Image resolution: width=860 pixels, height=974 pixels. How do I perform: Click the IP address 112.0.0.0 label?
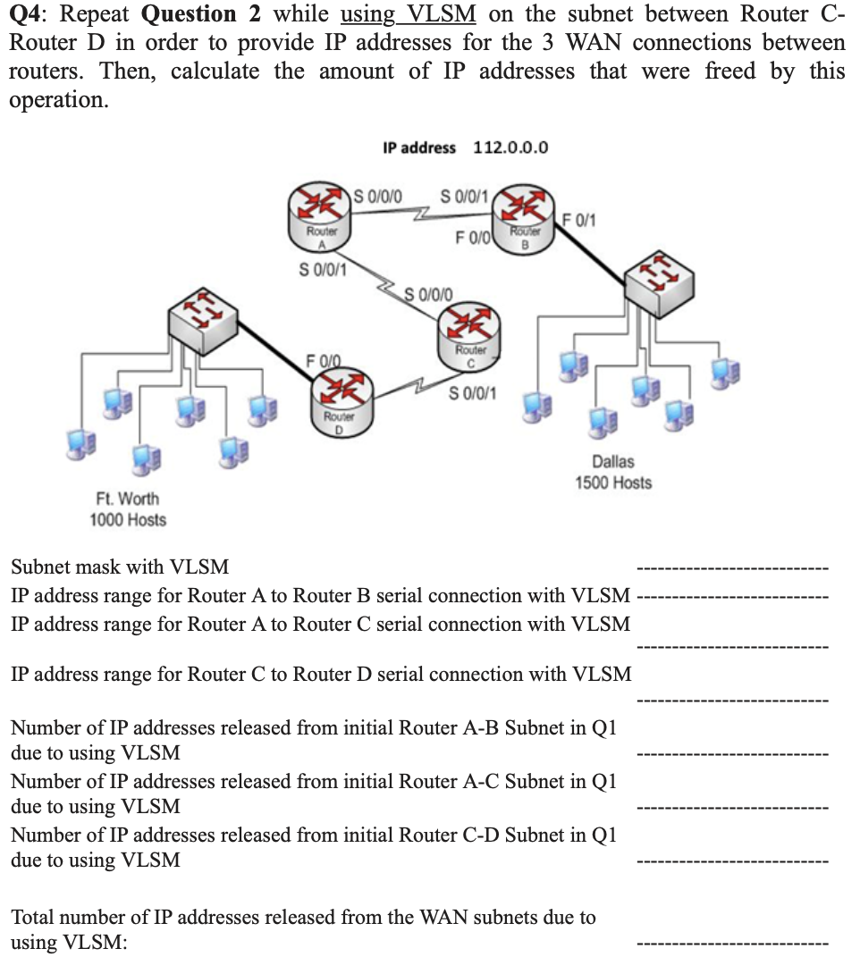tap(465, 147)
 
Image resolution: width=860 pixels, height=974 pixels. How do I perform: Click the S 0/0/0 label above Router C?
tap(430, 293)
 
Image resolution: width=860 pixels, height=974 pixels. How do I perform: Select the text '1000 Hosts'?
tap(128, 519)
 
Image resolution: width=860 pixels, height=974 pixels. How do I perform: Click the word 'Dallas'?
tap(613, 461)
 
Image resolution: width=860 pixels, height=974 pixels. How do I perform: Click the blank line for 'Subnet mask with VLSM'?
tap(732, 568)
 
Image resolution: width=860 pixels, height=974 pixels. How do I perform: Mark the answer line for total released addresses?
tap(732, 944)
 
